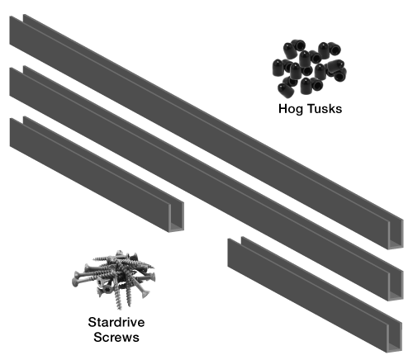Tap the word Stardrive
[116, 322]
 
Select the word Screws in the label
[116, 337]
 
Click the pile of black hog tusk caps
[310, 68]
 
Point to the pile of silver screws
[114, 279]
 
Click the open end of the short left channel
[176, 217]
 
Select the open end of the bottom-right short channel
[394, 337]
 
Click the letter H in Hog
[282, 108]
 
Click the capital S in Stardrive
[93, 322]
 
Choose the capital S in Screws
[97, 337]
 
